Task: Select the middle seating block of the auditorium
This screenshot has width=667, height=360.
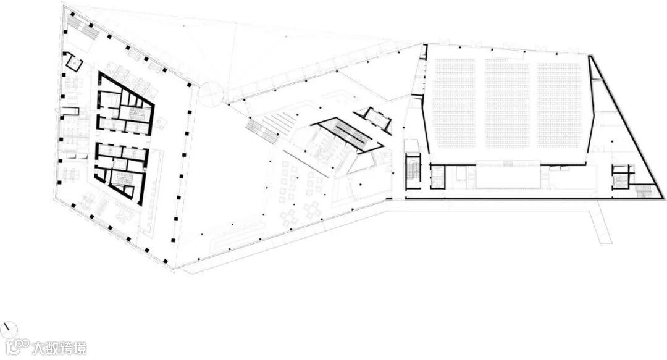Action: coord(507,105)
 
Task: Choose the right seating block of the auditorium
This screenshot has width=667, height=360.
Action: coord(560,105)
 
